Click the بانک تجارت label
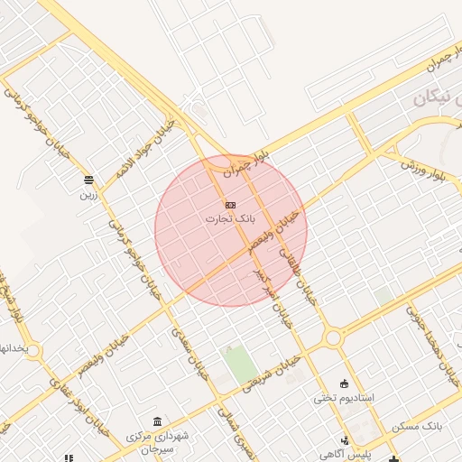[x=229, y=218]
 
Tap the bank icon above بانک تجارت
[x=230, y=206]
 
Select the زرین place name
[x=88, y=193]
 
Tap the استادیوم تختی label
[x=343, y=396]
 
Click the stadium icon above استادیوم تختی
[x=343, y=383]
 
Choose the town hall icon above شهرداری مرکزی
[x=158, y=421]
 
